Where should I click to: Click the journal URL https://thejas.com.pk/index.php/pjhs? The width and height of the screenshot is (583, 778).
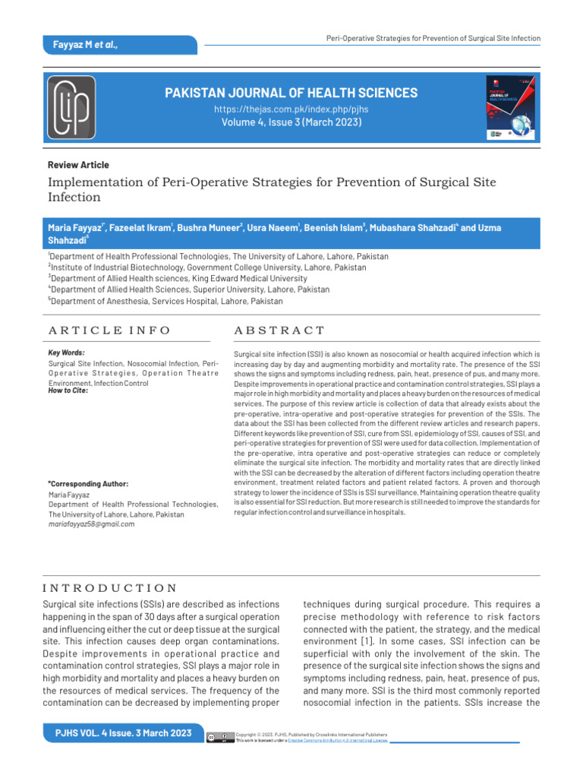[x=291, y=110]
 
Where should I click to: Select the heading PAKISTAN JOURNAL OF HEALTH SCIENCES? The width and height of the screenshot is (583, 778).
[x=291, y=93]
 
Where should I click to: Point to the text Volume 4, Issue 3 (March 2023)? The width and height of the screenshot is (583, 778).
[x=291, y=122]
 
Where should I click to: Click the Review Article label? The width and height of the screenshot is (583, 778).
[x=78, y=165]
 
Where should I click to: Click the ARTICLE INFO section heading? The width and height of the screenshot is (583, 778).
[x=109, y=330]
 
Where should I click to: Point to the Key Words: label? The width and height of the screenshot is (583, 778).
[x=66, y=353]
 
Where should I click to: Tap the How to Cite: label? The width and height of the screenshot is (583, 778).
[x=68, y=391]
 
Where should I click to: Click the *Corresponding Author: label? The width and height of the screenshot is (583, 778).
[x=88, y=483]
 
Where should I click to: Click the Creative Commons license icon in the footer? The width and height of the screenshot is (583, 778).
[x=219, y=736]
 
